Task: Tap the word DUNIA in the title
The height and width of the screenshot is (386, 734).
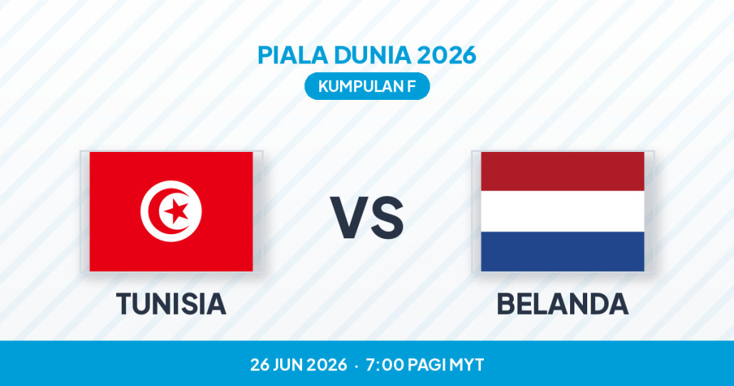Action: point(372,55)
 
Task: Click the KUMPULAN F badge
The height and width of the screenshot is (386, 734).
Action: point(367,86)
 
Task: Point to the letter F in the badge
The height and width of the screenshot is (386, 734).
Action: point(411,86)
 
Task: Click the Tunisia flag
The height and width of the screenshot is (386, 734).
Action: point(171,211)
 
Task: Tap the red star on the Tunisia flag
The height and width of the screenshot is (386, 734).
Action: point(177,211)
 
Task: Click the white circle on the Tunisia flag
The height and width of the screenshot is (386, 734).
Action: point(171,211)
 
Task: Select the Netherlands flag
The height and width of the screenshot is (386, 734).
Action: point(563,211)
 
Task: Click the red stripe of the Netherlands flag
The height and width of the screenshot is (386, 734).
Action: point(563,171)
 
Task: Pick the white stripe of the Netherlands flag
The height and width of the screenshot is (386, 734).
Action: point(563,211)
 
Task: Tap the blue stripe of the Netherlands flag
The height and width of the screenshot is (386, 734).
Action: point(563,252)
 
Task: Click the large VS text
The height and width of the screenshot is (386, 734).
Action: point(367,218)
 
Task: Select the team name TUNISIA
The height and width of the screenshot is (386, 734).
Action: point(171,303)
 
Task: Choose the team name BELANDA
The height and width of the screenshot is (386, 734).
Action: point(563,303)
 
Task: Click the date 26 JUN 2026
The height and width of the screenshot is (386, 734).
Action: point(299,365)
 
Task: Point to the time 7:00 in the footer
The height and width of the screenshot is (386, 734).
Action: point(384,365)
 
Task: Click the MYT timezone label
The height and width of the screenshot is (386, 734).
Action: point(466,365)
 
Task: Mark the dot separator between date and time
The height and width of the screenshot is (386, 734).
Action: point(357,365)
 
